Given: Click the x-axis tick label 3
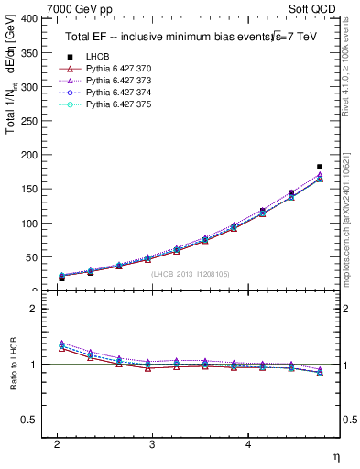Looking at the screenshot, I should pyautogui.click(x=152, y=443).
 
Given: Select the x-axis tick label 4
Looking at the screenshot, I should pyautogui.click(x=248, y=443).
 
